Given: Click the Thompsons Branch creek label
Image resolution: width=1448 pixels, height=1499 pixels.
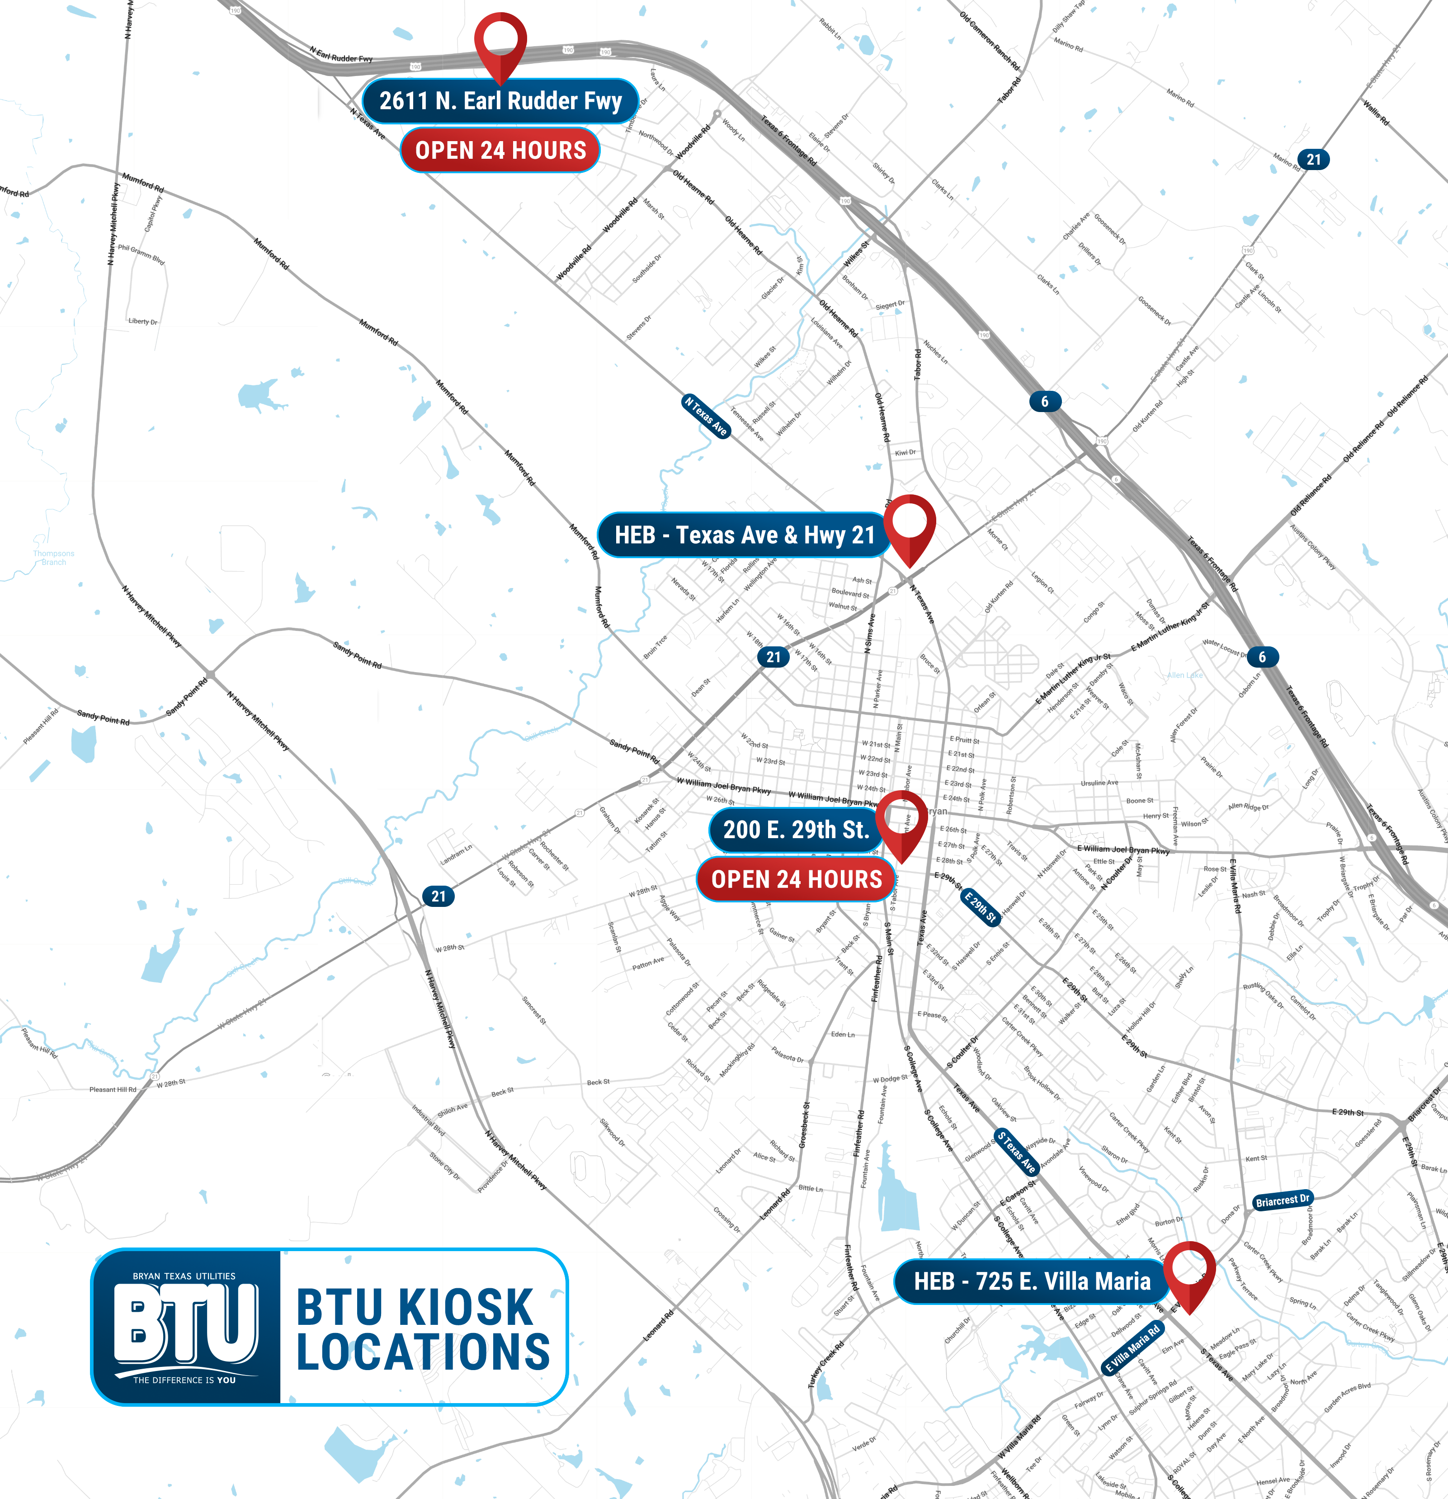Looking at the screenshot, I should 53,558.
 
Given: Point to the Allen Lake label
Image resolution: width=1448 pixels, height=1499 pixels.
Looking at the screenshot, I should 1185,675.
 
